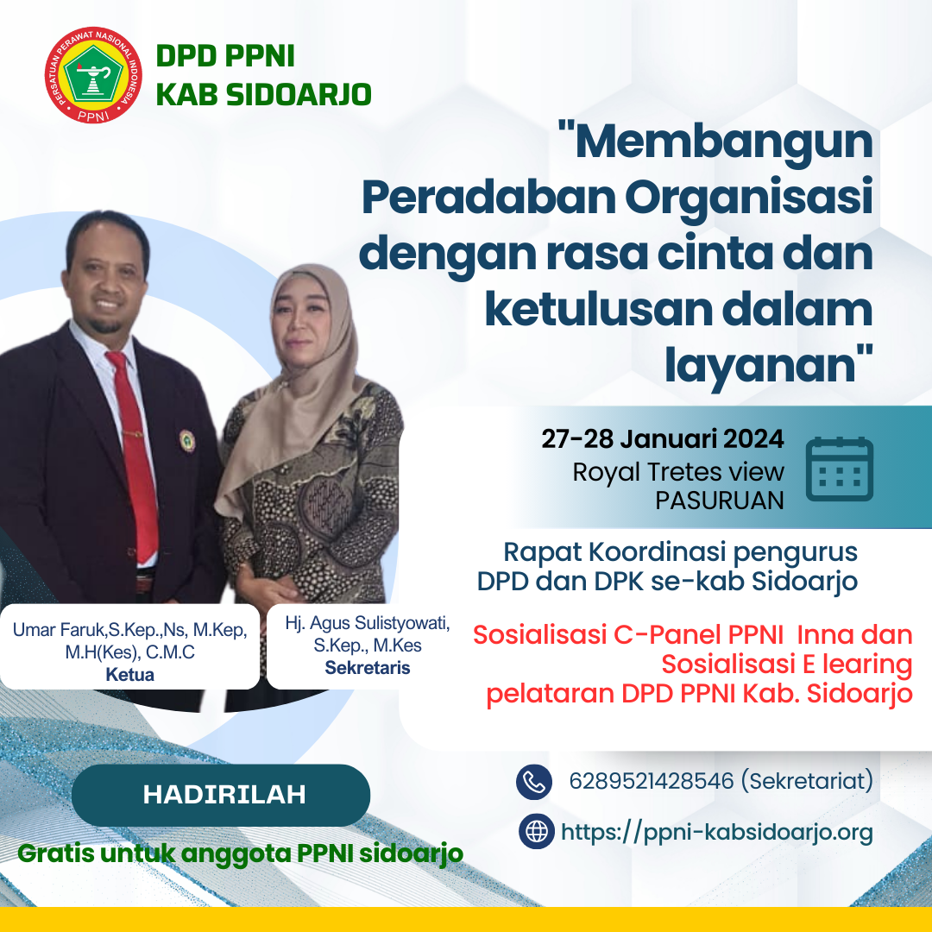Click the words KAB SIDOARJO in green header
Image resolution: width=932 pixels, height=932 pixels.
point(263,94)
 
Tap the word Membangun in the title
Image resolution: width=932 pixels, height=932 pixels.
point(724,142)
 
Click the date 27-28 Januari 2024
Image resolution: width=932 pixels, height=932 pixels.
point(663,438)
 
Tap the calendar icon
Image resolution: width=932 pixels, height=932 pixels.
point(839,469)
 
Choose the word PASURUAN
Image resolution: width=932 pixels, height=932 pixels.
point(719,501)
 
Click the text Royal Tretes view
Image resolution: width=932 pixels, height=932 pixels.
point(678,471)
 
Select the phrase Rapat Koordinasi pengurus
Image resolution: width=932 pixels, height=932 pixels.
point(680,551)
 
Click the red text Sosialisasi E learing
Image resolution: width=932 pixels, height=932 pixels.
point(786,664)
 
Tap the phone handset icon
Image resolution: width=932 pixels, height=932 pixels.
point(533,782)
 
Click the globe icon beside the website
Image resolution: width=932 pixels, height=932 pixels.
point(537,832)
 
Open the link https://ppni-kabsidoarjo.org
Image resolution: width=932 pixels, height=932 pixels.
point(716,832)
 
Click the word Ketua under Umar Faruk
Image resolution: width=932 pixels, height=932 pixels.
point(129,675)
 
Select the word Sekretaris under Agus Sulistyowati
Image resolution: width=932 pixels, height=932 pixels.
point(367,668)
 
